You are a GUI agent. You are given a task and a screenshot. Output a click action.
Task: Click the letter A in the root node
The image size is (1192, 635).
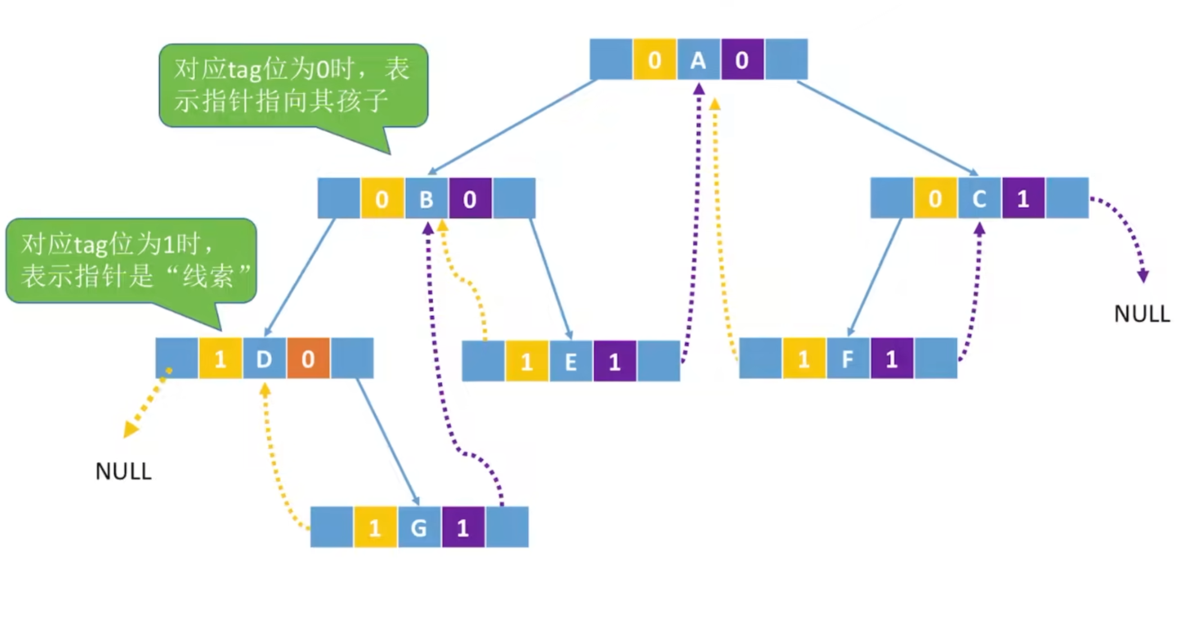click(698, 60)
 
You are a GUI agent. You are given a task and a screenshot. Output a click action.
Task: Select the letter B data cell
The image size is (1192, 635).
click(427, 199)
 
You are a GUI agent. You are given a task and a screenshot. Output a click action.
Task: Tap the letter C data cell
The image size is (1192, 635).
click(979, 198)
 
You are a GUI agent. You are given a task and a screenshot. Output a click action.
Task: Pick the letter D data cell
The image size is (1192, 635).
click(264, 359)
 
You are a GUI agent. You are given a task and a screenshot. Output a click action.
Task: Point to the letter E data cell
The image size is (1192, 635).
click(571, 361)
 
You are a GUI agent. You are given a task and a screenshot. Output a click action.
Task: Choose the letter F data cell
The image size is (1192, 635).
click(848, 359)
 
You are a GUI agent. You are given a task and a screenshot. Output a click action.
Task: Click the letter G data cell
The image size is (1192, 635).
click(419, 527)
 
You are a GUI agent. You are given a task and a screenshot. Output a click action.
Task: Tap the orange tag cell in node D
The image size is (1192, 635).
click(308, 359)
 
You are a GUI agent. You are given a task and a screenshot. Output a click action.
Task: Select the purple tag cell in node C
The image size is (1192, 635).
click(1023, 198)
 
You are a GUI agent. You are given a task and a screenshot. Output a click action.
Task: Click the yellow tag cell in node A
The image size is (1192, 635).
click(655, 60)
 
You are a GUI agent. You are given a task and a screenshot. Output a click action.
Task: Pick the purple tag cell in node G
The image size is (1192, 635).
click(463, 527)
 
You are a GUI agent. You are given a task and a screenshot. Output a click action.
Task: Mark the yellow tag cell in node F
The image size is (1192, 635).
click(804, 359)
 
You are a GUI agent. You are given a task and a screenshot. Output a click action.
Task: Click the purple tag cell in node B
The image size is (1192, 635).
click(470, 199)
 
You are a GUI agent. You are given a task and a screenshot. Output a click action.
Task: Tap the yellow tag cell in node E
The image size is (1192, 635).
click(527, 361)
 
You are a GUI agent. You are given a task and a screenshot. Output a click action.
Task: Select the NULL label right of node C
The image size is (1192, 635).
click(1142, 314)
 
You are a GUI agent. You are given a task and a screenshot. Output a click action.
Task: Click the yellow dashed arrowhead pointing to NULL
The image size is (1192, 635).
click(130, 430)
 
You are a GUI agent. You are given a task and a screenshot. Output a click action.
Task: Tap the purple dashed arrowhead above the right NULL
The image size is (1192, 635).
click(1143, 276)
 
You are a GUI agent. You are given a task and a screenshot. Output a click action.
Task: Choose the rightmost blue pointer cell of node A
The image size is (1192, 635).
click(786, 60)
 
